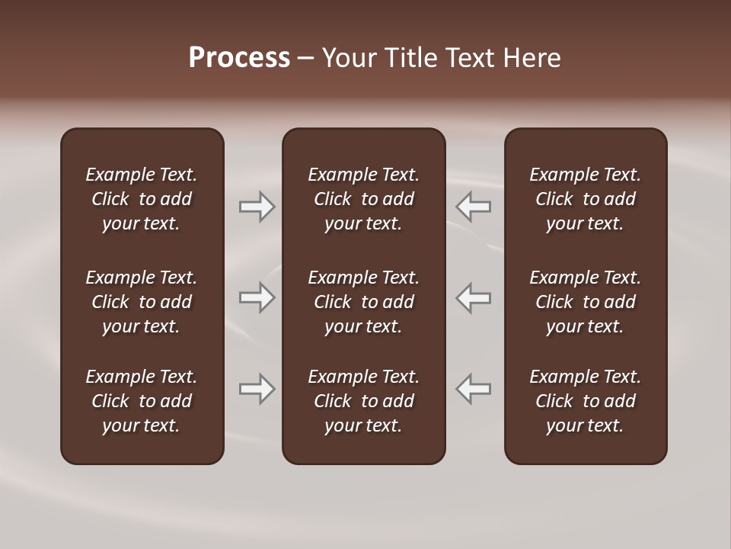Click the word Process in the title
[239, 58]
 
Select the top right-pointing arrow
[257, 207]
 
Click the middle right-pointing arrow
[257, 297]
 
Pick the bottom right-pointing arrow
[257, 389]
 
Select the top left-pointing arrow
[473, 207]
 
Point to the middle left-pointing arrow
[473, 297]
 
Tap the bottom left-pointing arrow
[473, 389]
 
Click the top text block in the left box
[142, 199]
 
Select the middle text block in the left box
[142, 302]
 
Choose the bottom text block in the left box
[142, 401]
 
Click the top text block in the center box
[363, 199]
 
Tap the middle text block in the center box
[363, 302]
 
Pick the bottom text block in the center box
[363, 401]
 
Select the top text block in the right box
[585, 199]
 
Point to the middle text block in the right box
[585, 302]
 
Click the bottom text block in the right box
[585, 401]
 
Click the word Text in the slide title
[470, 58]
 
